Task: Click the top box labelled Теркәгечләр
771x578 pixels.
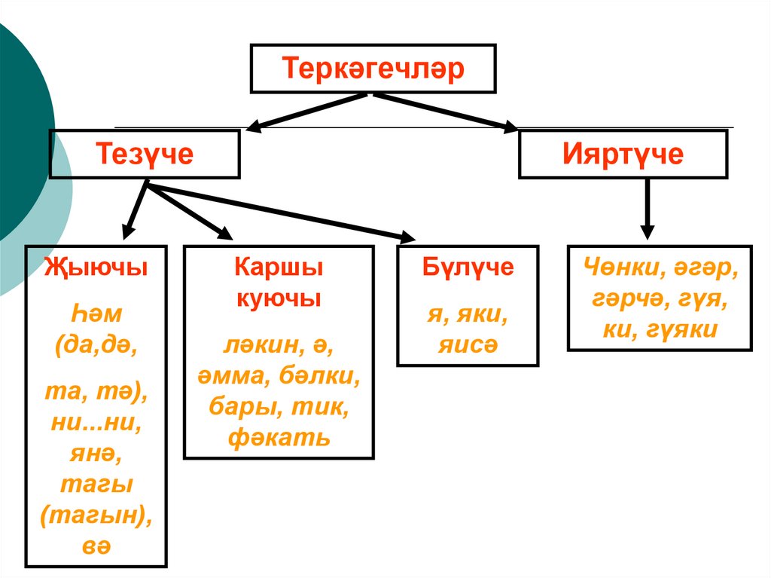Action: pos(373,68)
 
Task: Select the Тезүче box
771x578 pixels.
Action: pos(145,154)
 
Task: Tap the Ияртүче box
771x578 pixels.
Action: pos(623,154)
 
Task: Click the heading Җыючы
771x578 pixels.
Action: pos(96,267)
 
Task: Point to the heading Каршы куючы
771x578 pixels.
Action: pos(279,282)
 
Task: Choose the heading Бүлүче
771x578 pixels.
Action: pos(468,267)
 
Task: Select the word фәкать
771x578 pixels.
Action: pos(279,437)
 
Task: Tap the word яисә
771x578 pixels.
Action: pos(468,344)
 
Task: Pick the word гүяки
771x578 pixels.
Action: pos(686,329)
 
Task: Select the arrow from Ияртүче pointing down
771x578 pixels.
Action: pos(647,211)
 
